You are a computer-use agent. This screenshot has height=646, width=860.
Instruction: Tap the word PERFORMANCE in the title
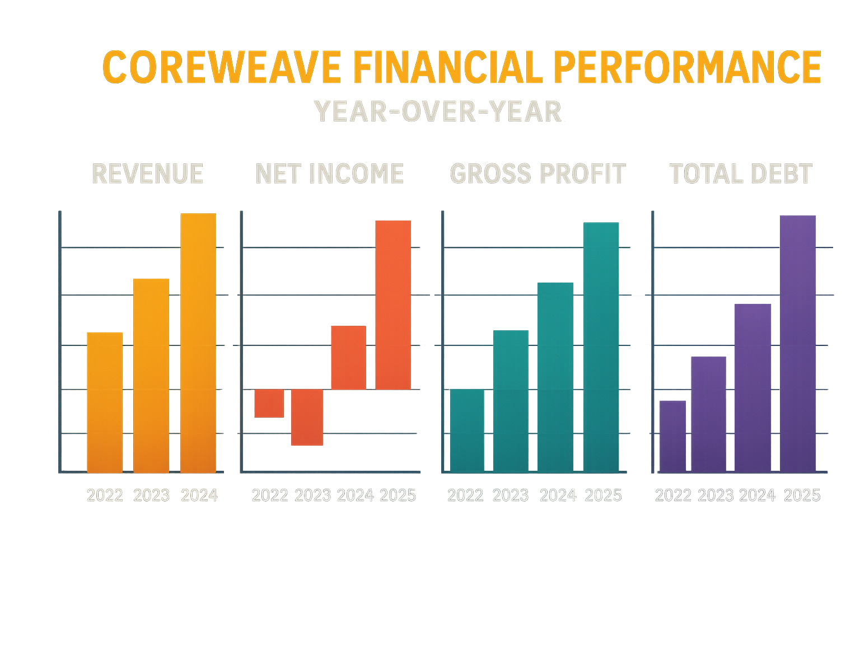click(x=687, y=68)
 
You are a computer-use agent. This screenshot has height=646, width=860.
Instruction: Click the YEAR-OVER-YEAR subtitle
click(x=438, y=112)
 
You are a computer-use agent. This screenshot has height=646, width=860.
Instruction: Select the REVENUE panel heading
click(x=147, y=174)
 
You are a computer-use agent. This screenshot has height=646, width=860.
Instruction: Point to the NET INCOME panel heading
click(x=329, y=174)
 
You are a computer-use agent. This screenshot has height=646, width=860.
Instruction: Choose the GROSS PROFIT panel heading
click(x=537, y=174)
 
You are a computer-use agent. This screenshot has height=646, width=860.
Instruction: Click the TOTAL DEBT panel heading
click(x=741, y=174)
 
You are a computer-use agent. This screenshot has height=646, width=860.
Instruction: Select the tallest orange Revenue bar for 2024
click(x=198, y=343)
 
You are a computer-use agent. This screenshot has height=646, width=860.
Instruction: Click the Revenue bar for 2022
click(x=105, y=402)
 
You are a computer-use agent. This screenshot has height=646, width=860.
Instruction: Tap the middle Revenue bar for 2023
click(x=151, y=375)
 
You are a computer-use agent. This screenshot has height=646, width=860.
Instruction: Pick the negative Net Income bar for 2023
click(x=307, y=417)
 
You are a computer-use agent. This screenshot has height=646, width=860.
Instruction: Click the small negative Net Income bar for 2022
click(x=269, y=403)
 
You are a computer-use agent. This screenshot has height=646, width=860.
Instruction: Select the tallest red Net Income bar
click(x=393, y=305)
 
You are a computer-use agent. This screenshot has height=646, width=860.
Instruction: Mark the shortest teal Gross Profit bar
click(x=467, y=430)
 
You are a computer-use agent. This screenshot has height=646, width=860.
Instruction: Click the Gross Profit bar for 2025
click(x=601, y=347)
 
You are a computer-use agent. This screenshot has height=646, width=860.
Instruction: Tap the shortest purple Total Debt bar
click(x=672, y=436)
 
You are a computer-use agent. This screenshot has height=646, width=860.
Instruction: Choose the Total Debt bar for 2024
click(x=752, y=387)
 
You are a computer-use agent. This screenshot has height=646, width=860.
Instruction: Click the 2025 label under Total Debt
click(x=802, y=495)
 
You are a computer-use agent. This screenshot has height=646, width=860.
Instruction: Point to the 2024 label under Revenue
click(x=199, y=495)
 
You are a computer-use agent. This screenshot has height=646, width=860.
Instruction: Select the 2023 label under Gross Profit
click(x=511, y=495)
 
